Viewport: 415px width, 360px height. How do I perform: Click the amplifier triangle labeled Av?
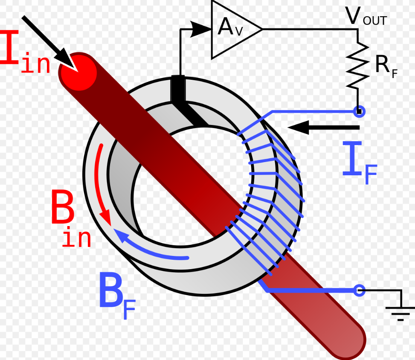[232, 29]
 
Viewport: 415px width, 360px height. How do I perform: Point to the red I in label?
[26, 55]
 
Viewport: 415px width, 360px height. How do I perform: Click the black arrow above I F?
[324, 127]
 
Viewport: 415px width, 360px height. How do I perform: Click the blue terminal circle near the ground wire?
[360, 291]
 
